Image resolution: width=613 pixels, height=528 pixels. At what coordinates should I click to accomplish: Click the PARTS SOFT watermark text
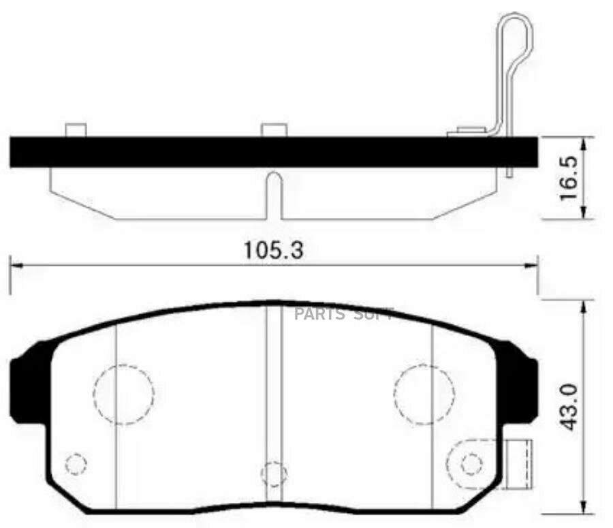click(x=344, y=314)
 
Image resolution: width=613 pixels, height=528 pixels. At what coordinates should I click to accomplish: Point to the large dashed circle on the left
click(x=123, y=394)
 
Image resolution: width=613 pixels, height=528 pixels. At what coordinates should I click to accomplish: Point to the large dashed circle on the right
click(x=424, y=394)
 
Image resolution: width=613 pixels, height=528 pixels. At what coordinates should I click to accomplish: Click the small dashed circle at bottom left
click(x=76, y=464)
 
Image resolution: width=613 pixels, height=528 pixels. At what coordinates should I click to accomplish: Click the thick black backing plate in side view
click(x=272, y=152)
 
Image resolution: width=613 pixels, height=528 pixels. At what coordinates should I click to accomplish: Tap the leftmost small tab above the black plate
click(x=75, y=130)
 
